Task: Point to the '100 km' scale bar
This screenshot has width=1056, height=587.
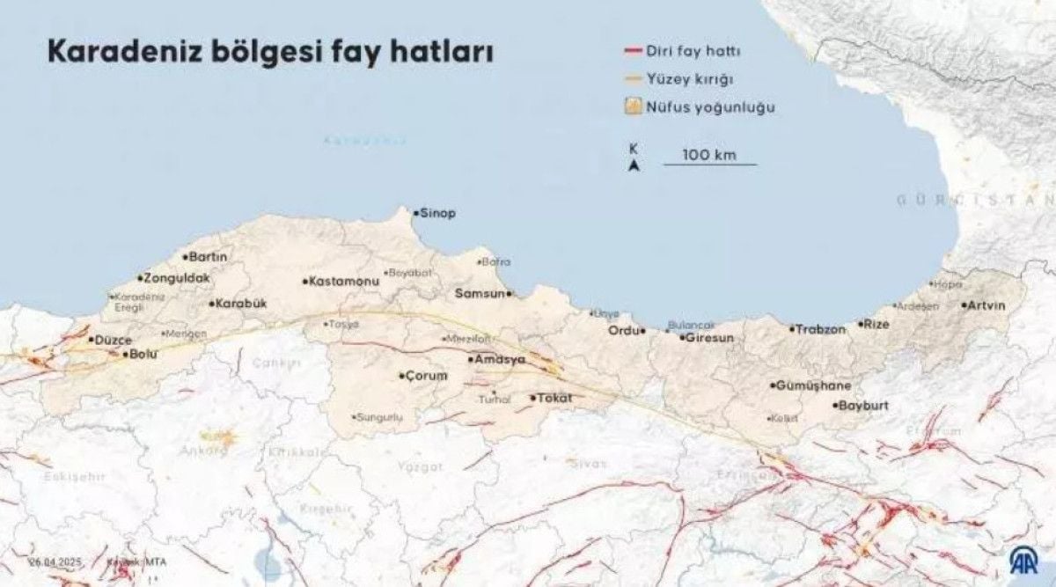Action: pos(709,164)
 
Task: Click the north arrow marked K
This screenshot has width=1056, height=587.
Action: pos(634,158)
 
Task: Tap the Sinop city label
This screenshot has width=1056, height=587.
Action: pos(437,214)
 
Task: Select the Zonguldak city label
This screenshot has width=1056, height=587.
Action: pos(176,278)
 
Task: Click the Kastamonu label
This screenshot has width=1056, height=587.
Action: pos(342,282)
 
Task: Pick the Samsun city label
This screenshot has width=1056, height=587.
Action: pos(480,293)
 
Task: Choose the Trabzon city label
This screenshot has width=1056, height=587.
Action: pos(820,329)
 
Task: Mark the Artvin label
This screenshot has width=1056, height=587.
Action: pos(986,305)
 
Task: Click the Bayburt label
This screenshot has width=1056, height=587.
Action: pos(863,407)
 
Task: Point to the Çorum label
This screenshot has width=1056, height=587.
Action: pos(426,376)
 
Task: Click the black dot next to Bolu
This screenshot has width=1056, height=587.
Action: pos(124,354)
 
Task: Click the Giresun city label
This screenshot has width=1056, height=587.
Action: pos(709,337)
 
